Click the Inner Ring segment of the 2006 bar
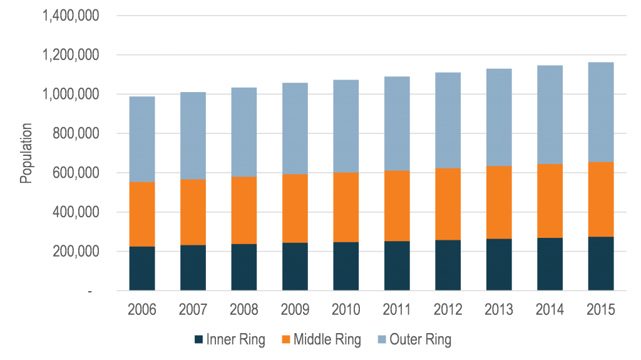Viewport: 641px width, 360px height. (142, 269)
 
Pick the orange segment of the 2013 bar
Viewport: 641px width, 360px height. (498, 202)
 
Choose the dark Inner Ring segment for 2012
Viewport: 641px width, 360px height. (448, 265)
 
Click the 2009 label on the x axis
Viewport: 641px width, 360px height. (294, 309)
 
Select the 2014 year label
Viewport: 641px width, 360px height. (550, 309)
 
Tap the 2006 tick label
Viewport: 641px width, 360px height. (142, 309)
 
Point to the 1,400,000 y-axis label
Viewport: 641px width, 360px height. (69, 16)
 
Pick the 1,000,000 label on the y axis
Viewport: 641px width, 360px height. (69, 95)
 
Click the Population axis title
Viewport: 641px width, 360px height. (26, 153)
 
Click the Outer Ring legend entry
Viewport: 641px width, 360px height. (420, 340)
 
